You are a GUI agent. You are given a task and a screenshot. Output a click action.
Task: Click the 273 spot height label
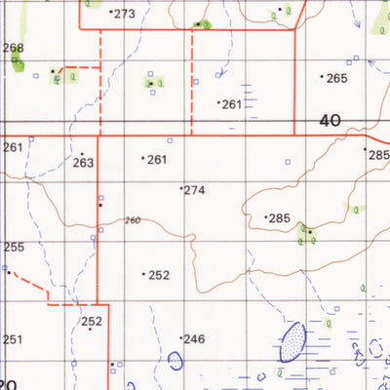(x=125, y=14)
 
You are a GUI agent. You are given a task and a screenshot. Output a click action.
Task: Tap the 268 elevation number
(x=13, y=48)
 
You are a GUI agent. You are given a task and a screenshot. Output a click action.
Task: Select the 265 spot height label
(x=336, y=78)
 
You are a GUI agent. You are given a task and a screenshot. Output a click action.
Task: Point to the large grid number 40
(x=330, y=121)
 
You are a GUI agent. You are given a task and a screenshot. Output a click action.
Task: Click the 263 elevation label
(x=83, y=163)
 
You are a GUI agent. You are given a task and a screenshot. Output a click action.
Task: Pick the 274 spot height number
(x=194, y=190)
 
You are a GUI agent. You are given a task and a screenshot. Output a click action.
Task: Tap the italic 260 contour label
(x=133, y=220)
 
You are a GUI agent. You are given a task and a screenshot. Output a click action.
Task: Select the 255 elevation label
(x=13, y=248)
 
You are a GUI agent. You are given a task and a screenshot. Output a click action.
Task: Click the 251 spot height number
(x=11, y=339)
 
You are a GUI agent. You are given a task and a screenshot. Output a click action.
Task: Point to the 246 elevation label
(x=194, y=339)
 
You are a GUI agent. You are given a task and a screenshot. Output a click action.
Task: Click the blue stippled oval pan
(x=292, y=342)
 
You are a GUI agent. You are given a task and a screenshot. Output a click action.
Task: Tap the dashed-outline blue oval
(x=175, y=361)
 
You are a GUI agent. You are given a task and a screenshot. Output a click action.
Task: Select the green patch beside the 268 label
(x=17, y=64)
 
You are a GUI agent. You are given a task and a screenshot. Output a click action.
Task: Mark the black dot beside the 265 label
(x=323, y=76)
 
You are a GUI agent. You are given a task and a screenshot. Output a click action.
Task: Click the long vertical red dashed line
(x=192, y=78)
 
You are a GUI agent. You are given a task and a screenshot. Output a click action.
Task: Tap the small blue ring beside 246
(x=175, y=361)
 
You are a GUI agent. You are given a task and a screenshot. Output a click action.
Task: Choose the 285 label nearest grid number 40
(x=377, y=154)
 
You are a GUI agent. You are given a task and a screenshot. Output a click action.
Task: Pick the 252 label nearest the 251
(x=92, y=322)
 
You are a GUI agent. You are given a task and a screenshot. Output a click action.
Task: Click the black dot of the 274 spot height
(x=181, y=188)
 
